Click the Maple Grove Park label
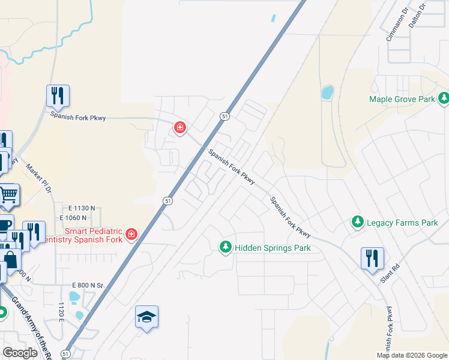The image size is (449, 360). (401, 99)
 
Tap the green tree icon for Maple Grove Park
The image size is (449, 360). (444, 98)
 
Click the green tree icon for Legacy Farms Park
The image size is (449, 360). (358, 222)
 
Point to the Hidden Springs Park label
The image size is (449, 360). (273, 247)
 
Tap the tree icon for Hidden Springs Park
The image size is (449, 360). (226, 247)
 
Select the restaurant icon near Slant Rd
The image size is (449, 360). (372, 257)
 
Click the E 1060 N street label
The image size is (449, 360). (73, 217)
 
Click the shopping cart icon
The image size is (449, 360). (8, 194)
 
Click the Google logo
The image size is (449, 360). (20, 353)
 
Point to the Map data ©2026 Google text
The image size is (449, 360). (411, 355)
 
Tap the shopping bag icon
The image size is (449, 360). (10, 260)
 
